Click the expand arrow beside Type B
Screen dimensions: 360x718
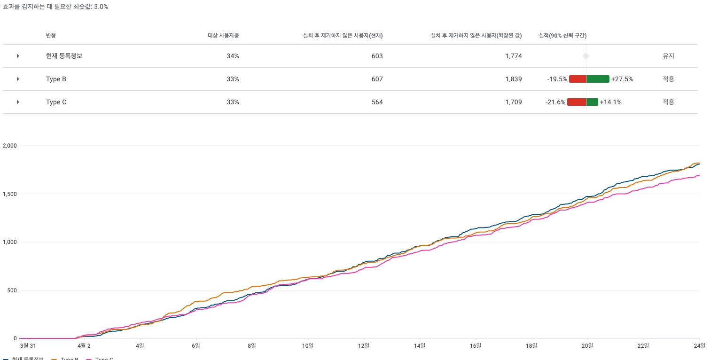click(x=18, y=79)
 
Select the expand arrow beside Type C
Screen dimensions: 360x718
click(x=18, y=102)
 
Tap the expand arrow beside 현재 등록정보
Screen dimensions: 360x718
click(x=18, y=56)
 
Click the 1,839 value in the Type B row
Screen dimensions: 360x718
click(x=514, y=79)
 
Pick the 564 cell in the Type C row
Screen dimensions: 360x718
click(x=377, y=102)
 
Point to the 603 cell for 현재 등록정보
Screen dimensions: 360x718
click(x=377, y=56)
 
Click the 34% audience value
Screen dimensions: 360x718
click(x=233, y=56)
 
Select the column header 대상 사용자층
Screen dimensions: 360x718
click(x=223, y=35)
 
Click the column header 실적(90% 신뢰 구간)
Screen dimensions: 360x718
click(x=562, y=35)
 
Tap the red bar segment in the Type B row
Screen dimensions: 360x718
click(x=578, y=79)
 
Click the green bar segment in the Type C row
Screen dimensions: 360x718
click(x=592, y=102)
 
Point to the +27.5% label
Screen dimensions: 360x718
click(x=622, y=79)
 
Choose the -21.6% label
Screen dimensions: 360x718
click(x=555, y=102)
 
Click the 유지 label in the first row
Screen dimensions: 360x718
click(x=668, y=56)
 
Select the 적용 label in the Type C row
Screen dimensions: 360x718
click(x=668, y=102)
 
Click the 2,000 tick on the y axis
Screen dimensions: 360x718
click(x=9, y=146)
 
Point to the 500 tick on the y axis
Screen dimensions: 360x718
click(x=12, y=290)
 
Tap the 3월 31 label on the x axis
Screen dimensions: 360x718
click(x=28, y=346)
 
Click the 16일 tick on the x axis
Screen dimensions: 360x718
click(x=476, y=346)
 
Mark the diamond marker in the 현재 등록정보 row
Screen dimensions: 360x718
click(x=586, y=56)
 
